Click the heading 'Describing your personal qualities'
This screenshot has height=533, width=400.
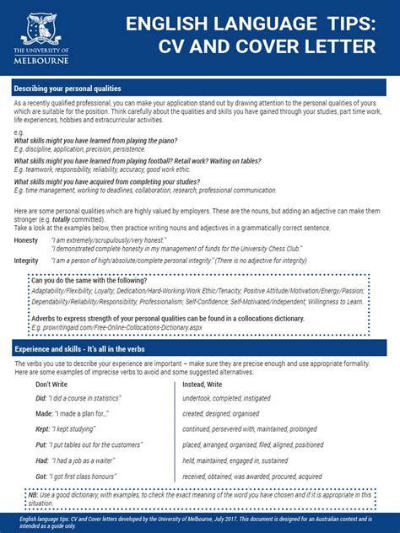click(68, 89)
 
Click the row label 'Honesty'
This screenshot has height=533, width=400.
click(26, 240)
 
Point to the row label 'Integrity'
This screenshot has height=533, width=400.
click(26, 261)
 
